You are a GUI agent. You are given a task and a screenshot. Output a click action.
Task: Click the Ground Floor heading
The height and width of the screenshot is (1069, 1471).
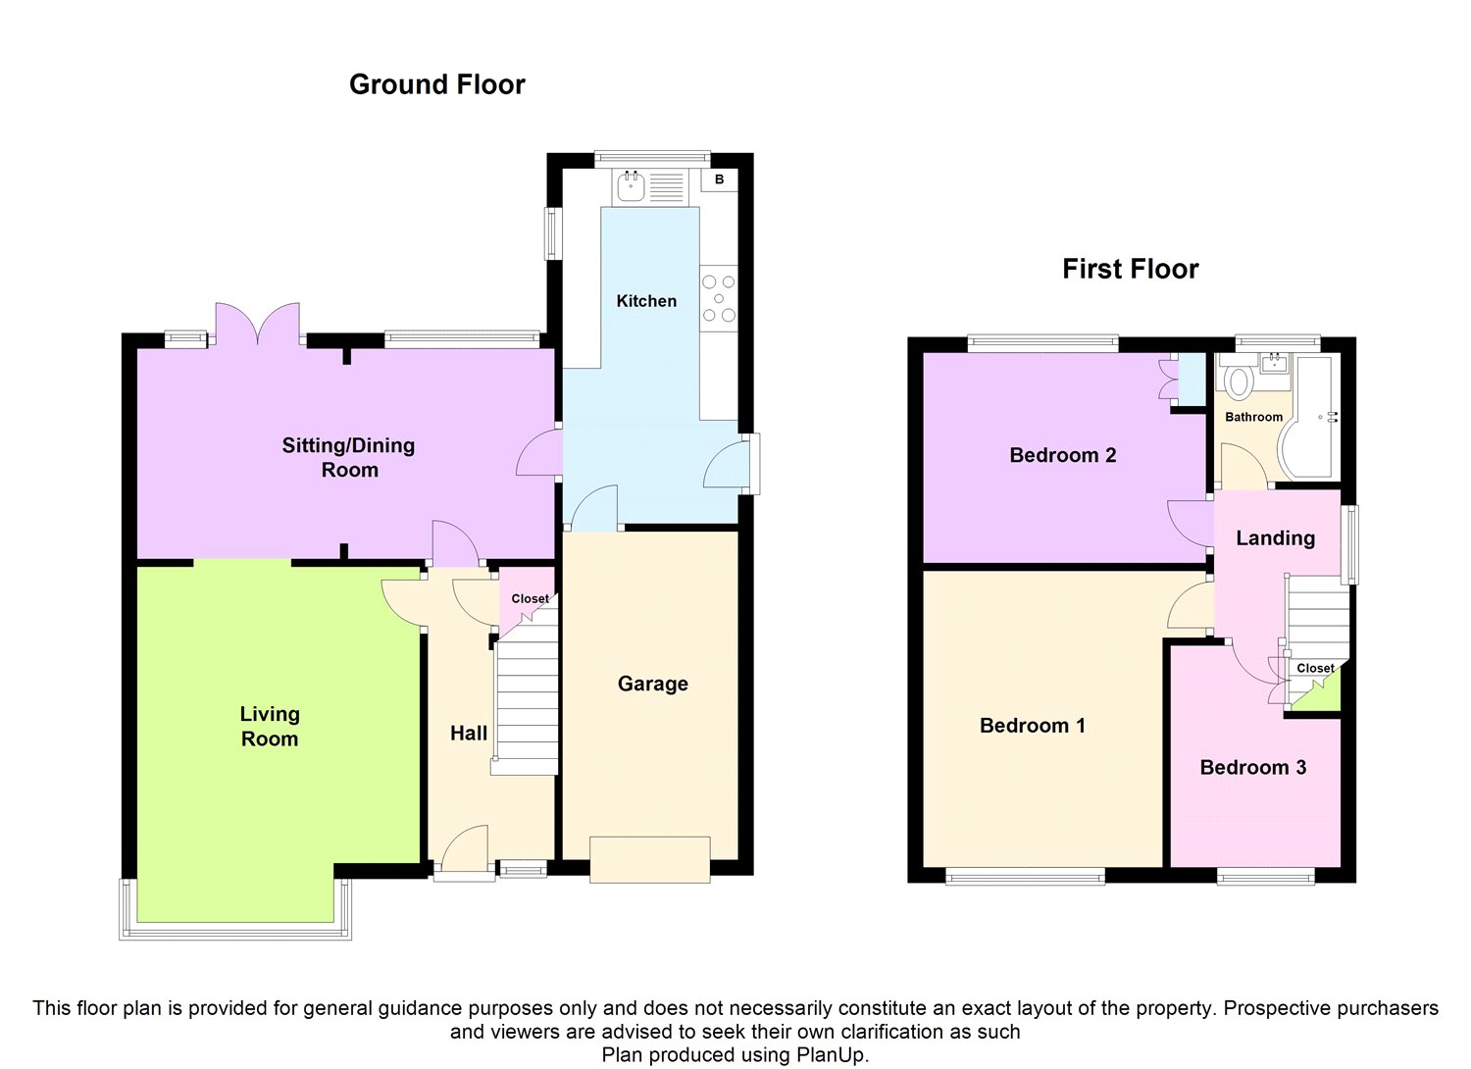436,84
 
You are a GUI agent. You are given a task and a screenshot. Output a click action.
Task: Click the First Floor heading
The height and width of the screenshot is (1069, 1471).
1130,270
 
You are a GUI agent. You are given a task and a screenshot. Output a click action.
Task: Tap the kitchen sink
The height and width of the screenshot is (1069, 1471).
651,186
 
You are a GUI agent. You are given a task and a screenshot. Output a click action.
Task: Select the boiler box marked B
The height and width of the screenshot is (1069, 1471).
719,179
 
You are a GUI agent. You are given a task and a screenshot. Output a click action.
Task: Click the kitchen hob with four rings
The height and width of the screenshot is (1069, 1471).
719,299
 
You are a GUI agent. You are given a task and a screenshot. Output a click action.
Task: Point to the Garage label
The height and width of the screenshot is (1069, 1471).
653,684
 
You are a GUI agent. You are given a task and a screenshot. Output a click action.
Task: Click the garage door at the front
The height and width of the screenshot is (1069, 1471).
650,859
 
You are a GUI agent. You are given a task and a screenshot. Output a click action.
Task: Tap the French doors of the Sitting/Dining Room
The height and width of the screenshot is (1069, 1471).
257,323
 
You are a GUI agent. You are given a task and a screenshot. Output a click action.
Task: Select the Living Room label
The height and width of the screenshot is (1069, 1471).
270,727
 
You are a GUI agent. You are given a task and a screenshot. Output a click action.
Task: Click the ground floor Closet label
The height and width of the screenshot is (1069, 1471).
530,599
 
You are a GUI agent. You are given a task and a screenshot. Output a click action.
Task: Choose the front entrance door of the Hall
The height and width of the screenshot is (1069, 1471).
465,852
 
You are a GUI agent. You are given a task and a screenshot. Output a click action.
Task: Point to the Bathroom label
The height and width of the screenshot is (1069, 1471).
1253,417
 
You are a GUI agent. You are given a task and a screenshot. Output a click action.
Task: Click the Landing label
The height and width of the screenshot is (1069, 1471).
1275,538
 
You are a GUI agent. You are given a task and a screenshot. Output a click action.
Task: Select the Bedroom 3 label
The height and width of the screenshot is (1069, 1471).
1253,768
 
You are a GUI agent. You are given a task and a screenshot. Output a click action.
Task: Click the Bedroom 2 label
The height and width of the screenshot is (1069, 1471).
1062,455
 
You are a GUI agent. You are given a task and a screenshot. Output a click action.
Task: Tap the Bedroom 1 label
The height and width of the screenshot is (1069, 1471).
1033,726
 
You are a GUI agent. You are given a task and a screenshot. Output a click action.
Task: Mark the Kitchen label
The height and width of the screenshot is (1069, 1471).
646,301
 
